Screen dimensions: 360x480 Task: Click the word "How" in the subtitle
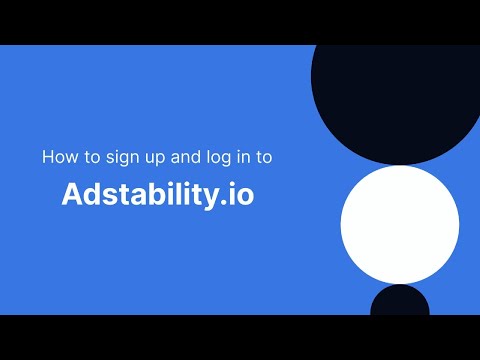coord(57,157)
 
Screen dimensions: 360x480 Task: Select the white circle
coord(400,225)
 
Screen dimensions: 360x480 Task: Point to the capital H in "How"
coord(47,157)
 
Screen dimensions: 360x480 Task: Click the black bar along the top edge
coord(240,22)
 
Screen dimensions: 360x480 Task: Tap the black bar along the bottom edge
coord(240,337)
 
